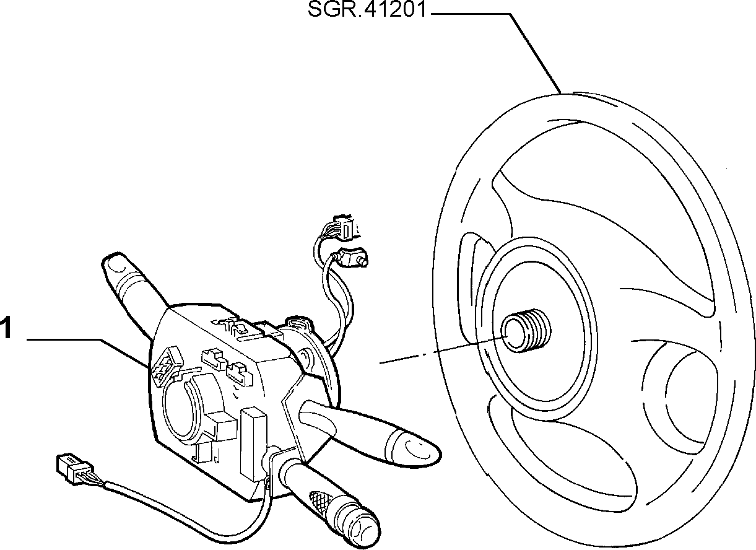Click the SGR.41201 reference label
tap(367, 10)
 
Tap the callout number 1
tap(6, 327)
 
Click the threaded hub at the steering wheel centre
tap(525, 330)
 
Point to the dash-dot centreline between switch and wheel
tap(444, 350)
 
